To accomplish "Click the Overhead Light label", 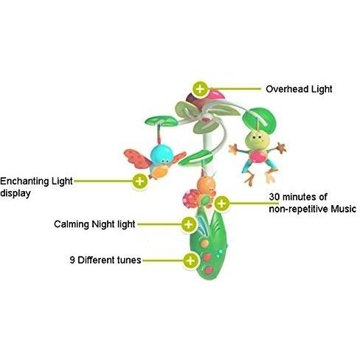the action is click(299, 89).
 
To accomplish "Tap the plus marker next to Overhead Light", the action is click(200, 89).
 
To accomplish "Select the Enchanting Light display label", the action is click(36, 187).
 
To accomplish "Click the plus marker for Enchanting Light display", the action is click(139, 181).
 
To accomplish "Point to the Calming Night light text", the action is click(94, 224).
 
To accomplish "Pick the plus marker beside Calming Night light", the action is click(188, 224).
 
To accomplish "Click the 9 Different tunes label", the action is click(105, 260).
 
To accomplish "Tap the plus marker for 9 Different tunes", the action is click(190, 260).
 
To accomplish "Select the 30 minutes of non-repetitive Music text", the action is click(312, 203).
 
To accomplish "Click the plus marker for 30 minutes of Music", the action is click(221, 204).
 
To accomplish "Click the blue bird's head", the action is click(162, 154).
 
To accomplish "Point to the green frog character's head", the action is click(257, 139).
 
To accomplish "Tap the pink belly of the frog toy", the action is click(257, 156).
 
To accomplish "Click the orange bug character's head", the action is click(206, 184).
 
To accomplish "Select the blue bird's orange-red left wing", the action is click(137, 158).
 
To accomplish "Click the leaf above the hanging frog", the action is click(259, 120).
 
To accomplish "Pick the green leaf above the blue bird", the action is click(162, 121).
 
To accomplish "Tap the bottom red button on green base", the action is click(209, 270).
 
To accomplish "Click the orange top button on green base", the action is click(204, 243).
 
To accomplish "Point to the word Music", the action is click(343, 209).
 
